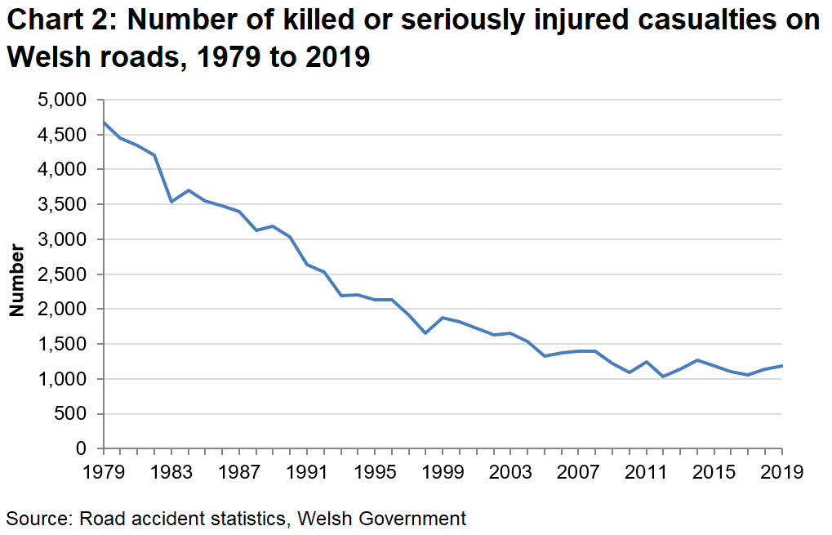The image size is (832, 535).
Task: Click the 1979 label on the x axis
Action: (x=104, y=472)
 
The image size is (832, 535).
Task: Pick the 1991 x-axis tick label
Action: (x=307, y=472)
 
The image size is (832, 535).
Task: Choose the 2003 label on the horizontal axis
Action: (x=511, y=472)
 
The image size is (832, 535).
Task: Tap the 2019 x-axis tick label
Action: (x=782, y=472)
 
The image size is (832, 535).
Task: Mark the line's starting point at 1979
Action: (x=104, y=123)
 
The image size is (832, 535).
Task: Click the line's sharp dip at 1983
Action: (x=171, y=202)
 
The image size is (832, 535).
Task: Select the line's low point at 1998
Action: (x=426, y=333)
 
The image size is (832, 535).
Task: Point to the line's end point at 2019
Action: (x=782, y=366)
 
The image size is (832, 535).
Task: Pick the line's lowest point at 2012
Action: (x=663, y=377)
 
